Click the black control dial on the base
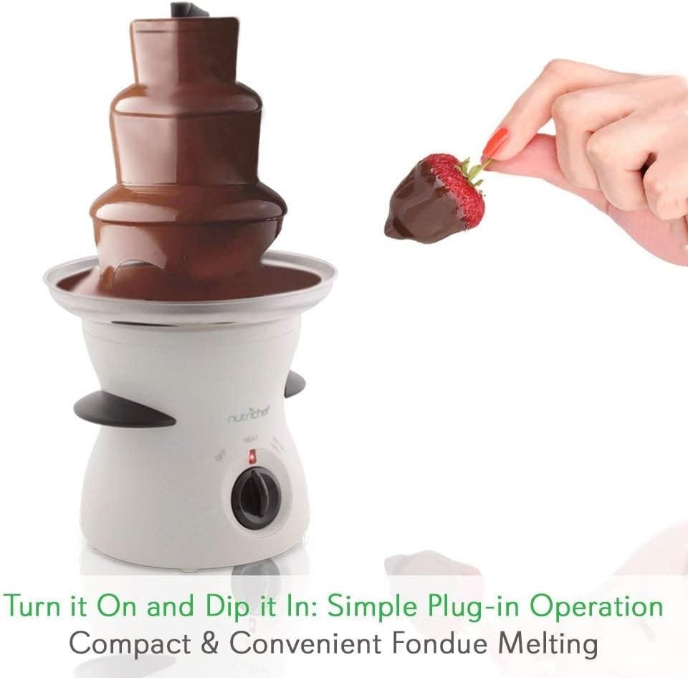tap(255, 496)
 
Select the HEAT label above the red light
tap(251, 438)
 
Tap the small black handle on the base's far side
tap(294, 385)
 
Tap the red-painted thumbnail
tap(495, 143)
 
